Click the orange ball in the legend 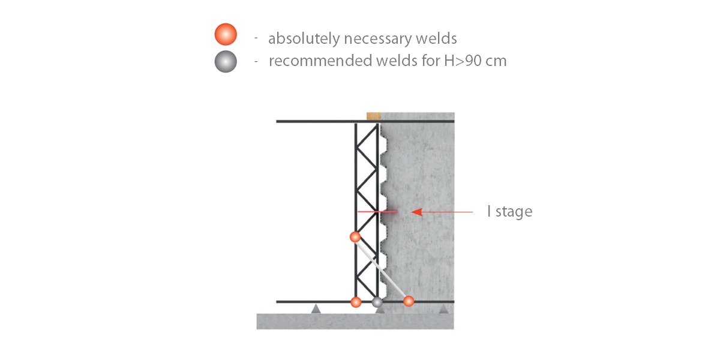[x=226, y=34]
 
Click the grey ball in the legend [x=226, y=61]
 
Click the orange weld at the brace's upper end [x=355, y=237]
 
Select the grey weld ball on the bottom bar [x=377, y=302]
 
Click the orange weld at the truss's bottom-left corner [x=356, y=302]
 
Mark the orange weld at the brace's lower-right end [x=409, y=301]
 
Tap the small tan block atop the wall [x=374, y=116]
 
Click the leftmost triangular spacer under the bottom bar [x=316, y=308]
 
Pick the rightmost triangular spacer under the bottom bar [x=443, y=308]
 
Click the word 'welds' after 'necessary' [x=437, y=39]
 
